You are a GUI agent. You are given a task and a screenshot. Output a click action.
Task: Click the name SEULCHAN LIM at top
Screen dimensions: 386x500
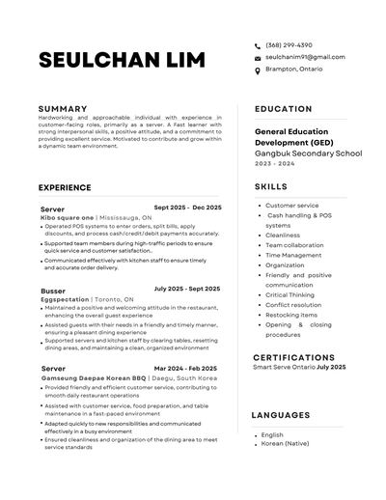click(122, 60)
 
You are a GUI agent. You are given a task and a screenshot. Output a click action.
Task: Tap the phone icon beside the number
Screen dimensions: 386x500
click(258, 45)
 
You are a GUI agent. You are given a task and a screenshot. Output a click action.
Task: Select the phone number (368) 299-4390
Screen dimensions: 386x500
click(289, 45)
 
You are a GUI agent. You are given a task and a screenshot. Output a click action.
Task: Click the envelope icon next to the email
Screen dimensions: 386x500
click(258, 58)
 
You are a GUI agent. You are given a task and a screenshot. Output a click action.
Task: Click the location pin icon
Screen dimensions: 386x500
click(258, 69)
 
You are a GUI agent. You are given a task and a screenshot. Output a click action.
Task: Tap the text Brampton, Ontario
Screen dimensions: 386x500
click(293, 69)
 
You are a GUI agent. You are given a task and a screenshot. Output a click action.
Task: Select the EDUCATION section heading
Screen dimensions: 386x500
click(283, 109)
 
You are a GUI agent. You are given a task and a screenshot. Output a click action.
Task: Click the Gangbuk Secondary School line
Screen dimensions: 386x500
click(308, 153)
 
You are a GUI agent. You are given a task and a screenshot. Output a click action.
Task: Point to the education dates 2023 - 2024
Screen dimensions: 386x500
click(276, 164)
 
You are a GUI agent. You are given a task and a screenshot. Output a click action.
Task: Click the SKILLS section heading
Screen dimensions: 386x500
click(271, 186)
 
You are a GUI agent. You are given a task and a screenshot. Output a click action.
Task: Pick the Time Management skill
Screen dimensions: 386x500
click(293, 255)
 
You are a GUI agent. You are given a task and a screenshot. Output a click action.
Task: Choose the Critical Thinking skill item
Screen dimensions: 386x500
click(289, 294)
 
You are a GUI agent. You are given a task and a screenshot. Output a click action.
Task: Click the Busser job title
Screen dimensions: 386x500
click(53, 290)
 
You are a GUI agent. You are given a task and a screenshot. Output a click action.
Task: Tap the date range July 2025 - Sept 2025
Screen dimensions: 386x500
click(187, 289)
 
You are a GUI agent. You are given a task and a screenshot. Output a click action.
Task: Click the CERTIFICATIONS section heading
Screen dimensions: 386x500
click(293, 357)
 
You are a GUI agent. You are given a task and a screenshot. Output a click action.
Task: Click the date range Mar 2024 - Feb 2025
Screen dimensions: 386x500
click(187, 368)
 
